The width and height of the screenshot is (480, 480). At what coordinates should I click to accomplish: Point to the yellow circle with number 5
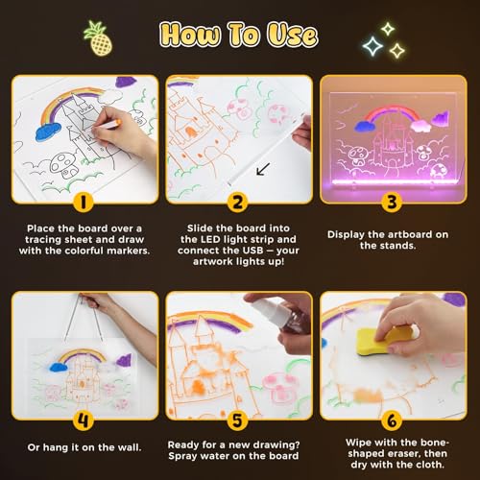coord(238,420)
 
